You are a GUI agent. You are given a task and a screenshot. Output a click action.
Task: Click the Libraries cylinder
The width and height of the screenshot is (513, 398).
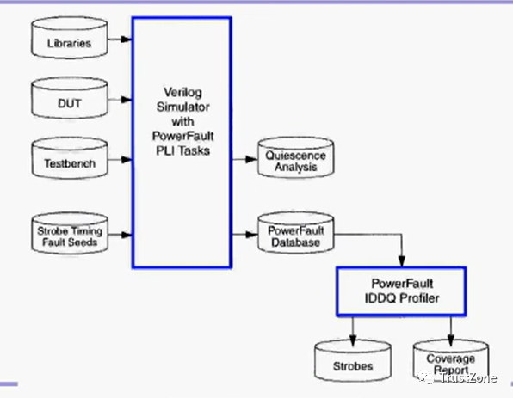click(70, 38)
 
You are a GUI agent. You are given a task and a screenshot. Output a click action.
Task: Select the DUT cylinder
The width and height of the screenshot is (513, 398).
click(70, 98)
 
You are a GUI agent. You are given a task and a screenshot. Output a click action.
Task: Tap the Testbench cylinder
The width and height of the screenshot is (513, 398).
click(70, 158)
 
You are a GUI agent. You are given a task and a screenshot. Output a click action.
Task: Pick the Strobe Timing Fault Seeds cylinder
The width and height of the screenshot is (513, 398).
click(70, 233)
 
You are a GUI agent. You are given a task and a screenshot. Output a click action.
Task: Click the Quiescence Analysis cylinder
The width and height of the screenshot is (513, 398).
click(296, 158)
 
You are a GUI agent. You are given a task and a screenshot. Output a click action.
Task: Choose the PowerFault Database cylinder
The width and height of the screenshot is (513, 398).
click(296, 233)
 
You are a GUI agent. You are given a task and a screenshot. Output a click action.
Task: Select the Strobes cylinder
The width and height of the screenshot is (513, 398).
click(353, 361)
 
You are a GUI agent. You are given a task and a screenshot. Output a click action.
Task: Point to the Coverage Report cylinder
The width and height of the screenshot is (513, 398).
click(451, 361)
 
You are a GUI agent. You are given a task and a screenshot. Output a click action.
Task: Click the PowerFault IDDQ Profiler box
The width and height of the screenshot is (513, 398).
click(401, 291)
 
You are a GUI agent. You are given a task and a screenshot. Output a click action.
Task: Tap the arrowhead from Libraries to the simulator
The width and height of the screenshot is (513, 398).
click(127, 40)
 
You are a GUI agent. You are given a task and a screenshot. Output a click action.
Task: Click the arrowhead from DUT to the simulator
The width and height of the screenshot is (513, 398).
click(127, 100)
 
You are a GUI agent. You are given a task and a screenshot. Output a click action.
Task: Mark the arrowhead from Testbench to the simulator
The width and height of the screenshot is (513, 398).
click(127, 160)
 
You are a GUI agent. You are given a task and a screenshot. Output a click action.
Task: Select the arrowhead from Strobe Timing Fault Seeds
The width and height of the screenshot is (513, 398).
click(127, 235)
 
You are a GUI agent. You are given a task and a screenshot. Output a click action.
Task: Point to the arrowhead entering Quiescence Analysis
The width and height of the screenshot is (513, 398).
click(251, 160)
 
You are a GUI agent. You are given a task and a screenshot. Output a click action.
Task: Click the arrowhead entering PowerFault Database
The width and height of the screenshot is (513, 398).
click(251, 235)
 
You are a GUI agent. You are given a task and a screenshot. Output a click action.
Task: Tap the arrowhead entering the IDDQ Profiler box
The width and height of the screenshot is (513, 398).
click(402, 261)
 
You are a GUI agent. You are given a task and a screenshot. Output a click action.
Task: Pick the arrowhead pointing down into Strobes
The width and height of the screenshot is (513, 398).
click(353, 340)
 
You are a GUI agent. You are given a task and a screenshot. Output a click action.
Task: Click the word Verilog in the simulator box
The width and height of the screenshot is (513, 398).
click(182, 93)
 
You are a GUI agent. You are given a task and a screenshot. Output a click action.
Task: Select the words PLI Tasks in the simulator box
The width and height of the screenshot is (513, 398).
click(182, 150)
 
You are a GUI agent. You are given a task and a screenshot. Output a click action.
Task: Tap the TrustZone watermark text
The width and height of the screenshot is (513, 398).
click(468, 377)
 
